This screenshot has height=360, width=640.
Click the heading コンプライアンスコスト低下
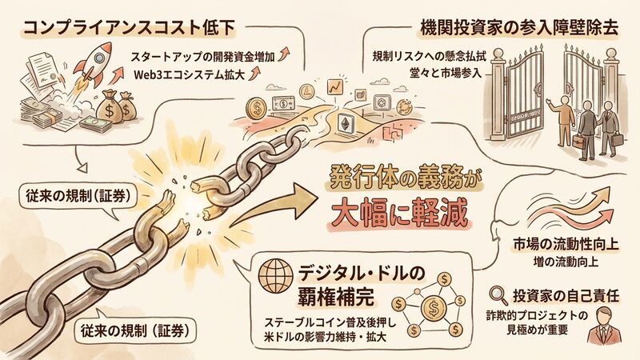click(x=129, y=28)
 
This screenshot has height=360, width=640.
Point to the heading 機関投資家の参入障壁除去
click(x=519, y=27)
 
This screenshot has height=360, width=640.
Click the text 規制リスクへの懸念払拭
click(x=430, y=56)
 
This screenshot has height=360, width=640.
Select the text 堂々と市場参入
click(x=446, y=74)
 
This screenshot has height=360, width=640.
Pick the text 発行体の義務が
click(x=403, y=178)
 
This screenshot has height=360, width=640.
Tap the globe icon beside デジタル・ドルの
click(x=276, y=277)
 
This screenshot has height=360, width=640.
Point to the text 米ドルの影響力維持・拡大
click(x=326, y=338)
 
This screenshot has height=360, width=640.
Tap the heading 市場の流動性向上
click(x=566, y=244)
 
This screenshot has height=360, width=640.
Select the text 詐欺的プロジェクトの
click(x=537, y=315)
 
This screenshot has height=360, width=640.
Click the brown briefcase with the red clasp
click(x=579, y=141)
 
